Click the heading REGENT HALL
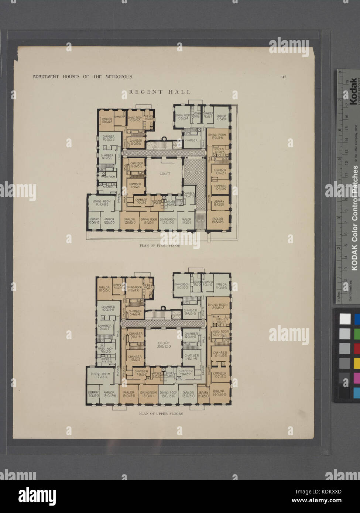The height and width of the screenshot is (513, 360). pos(160,92)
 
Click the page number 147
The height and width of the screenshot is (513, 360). pos(283,77)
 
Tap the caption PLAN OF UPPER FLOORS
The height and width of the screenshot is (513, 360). pos(161,414)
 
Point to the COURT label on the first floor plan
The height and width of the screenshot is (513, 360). pos(165,173)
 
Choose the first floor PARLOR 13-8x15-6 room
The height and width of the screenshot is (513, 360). pos(217,220)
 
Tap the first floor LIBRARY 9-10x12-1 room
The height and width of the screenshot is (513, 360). pos(219,203)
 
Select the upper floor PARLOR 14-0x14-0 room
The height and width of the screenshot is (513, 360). pos(219,393)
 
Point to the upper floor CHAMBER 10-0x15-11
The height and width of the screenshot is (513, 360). pos(108,309)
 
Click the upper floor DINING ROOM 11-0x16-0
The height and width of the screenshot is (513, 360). pos(182,286)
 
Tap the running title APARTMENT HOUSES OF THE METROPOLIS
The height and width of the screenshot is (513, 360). pos(82,77)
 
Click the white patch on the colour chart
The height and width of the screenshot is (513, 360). pos(344,319)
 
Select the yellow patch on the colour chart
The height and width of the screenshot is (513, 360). pos(357,363)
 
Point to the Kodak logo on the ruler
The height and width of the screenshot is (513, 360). pos(353,88)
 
